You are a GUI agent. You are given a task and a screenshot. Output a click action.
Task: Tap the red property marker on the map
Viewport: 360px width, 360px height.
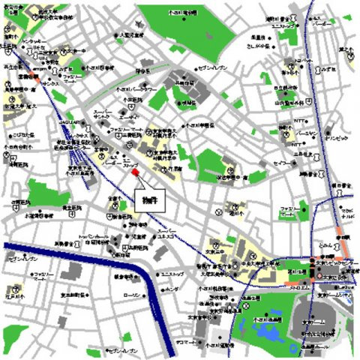coord(136,173)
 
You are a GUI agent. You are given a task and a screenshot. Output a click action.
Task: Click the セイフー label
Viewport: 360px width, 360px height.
coord(283,162)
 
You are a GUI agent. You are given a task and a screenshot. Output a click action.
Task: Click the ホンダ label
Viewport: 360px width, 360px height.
coord(171,287)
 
